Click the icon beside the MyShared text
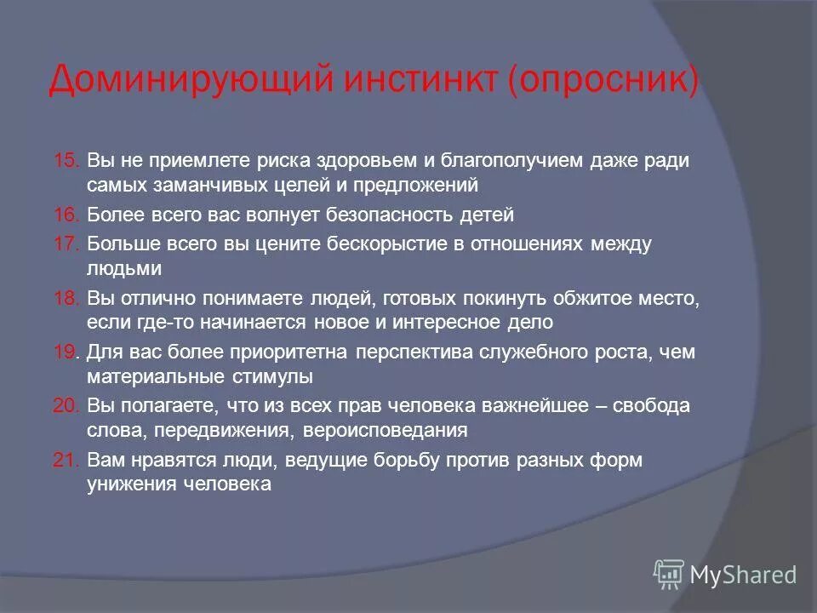[669, 575]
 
